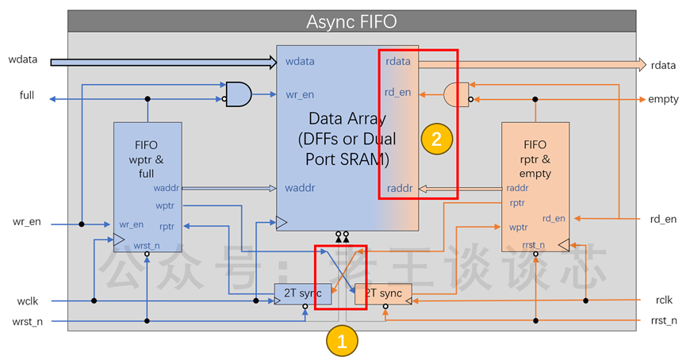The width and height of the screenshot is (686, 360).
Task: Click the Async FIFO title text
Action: (351, 21)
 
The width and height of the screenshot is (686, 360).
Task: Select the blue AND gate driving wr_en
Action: (239, 94)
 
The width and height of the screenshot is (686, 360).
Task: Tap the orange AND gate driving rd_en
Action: (456, 94)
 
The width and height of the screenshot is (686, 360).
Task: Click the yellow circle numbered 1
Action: (342, 341)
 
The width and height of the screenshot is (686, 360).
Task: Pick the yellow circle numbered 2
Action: (437, 139)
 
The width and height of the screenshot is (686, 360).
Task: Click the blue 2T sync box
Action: (302, 294)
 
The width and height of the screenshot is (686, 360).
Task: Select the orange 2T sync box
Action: (383, 294)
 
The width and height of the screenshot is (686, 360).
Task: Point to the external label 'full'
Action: (27, 95)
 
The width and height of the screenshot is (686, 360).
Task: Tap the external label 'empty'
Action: (663, 99)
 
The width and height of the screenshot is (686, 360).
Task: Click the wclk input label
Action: (28, 301)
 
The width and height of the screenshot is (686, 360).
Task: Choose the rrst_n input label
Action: (664, 320)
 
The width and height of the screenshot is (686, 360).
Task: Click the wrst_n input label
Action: (28, 321)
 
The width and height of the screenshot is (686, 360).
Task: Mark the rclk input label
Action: (664, 300)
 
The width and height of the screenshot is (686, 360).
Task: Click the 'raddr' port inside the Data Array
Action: (400, 188)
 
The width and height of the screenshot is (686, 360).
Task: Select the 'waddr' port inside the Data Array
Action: (300, 188)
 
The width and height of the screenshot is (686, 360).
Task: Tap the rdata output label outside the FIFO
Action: (663, 65)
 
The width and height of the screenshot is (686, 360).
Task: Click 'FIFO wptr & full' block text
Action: (146, 159)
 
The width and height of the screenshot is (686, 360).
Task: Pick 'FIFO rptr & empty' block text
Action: (535, 159)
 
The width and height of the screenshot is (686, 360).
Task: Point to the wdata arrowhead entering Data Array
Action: (273, 62)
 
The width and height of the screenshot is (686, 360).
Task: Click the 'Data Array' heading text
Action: (347, 118)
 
